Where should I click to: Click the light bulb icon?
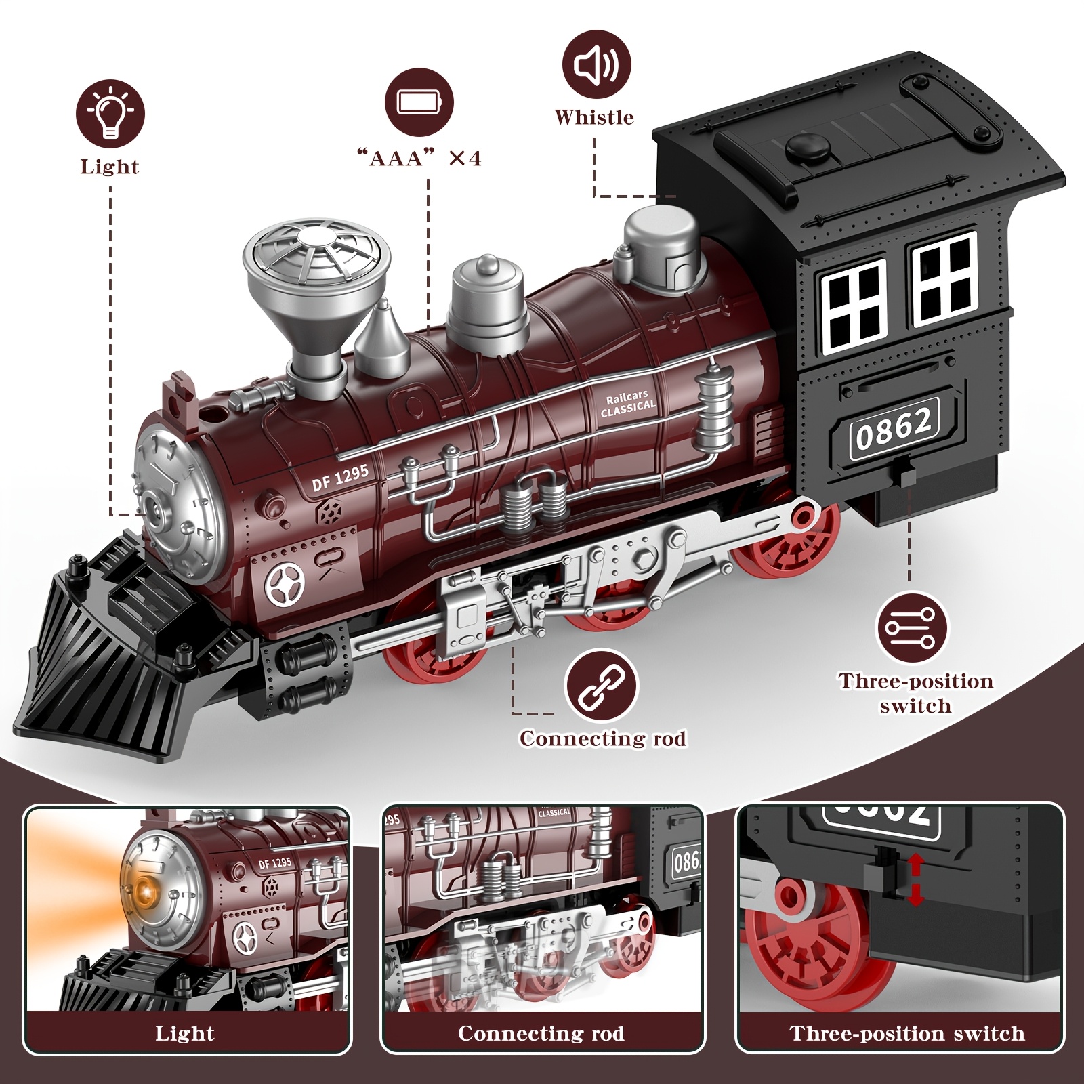click(x=110, y=112)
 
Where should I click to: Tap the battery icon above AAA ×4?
click(x=419, y=102)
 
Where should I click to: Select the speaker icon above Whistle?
click(x=596, y=65)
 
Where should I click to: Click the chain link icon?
click(x=602, y=685)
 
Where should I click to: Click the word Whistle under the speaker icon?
click(x=594, y=117)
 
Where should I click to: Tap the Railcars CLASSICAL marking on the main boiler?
click(x=628, y=403)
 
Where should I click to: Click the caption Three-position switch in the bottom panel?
click(x=906, y=1033)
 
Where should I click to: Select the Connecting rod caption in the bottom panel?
click(x=541, y=1033)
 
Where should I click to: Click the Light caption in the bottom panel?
click(x=184, y=1033)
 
